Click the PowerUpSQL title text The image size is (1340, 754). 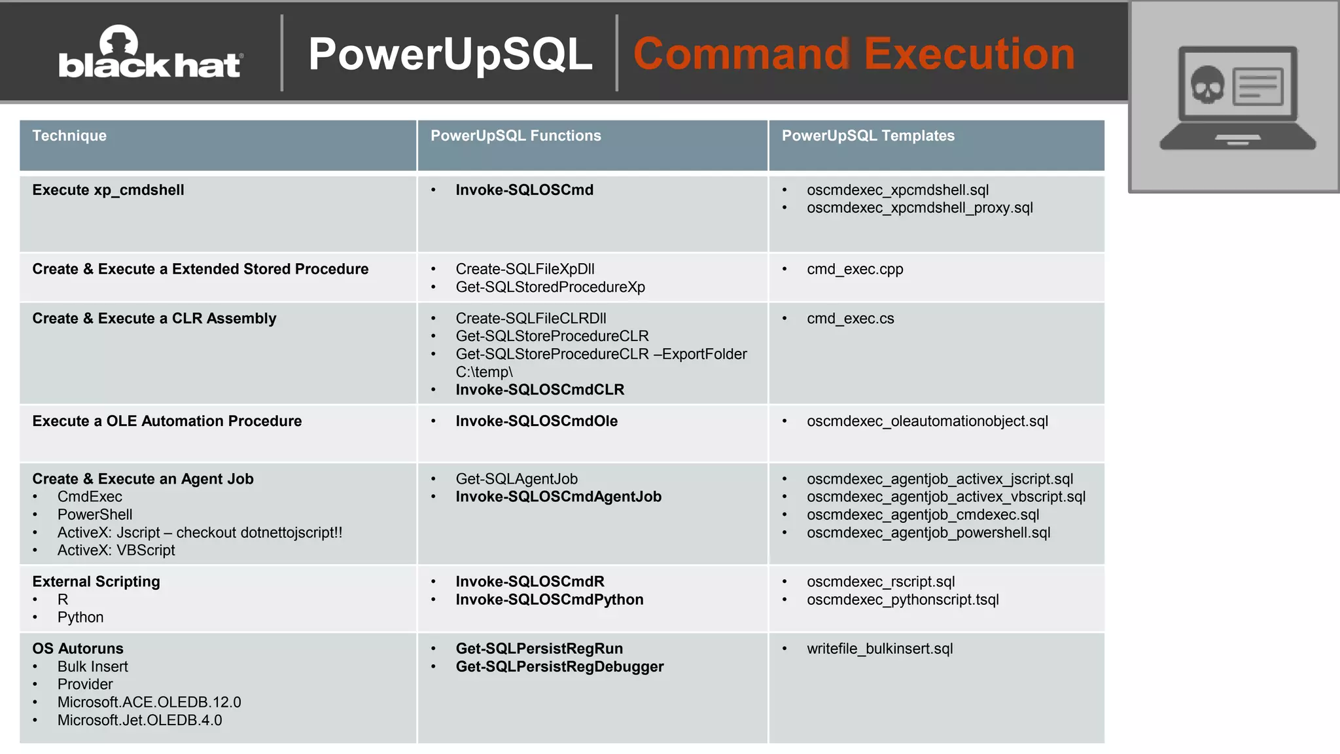coord(450,54)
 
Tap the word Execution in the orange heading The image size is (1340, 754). coord(970,54)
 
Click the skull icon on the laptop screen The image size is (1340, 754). coord(1207,84)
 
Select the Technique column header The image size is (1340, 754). coord(69,135)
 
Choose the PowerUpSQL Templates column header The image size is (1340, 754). coord(868,135)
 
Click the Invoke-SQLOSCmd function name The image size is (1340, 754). coord(524,190)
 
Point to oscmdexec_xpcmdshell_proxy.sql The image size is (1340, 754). coord(919,207)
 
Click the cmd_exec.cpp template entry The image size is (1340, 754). coord(855,269)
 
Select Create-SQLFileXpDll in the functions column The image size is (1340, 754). coord(525,269)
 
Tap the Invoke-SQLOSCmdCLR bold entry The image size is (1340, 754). coord(540,389)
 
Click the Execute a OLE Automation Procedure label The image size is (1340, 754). coord(167,421)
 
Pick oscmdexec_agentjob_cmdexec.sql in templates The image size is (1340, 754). coord(923,514)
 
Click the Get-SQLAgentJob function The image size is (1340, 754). coord(516,479)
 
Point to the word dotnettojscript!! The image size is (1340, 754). coord(291,533)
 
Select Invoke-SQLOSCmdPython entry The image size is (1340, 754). coord(549,600)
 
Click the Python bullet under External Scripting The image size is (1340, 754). coord(80,617)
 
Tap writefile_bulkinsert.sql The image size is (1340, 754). coord(879,649)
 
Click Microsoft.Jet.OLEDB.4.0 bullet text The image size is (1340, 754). coord(139,720)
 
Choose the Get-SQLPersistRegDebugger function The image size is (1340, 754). coord(559,666)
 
